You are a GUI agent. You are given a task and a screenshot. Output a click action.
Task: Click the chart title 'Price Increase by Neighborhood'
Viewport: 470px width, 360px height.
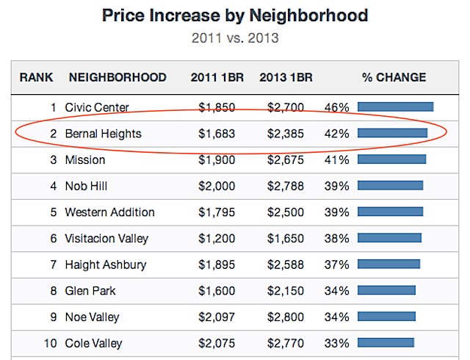(235, 15)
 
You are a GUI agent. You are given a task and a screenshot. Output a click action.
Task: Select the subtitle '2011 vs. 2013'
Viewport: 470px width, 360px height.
(235, 37)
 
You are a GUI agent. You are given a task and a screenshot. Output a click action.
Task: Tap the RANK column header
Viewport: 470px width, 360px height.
(37, 77)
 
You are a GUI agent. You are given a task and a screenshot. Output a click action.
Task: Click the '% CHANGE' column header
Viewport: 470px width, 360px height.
(394, 77)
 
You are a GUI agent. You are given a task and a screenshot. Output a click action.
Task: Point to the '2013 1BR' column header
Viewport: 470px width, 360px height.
(287, 77)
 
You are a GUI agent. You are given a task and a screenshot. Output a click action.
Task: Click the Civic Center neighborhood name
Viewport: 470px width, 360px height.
(97, 107)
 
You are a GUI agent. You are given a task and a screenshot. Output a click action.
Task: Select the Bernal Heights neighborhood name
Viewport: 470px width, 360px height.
(103, 134)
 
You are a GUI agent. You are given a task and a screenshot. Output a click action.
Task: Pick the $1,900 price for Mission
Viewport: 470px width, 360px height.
(217, 159)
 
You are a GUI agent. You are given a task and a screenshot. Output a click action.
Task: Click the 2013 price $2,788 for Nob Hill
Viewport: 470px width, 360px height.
(286, 186)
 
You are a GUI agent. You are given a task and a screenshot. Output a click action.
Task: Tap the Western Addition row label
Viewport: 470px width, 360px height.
(109, 212)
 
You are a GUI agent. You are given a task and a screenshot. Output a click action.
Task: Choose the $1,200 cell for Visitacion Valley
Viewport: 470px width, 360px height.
(217, 238)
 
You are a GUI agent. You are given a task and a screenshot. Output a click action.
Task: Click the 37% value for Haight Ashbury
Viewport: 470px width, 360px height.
(336, 264)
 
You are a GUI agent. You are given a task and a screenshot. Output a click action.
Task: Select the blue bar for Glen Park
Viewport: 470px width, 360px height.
(386, 290)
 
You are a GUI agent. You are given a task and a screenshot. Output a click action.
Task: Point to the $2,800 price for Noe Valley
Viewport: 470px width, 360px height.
(286, 317)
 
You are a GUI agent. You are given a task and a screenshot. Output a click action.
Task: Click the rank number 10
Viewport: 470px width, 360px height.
(48, 343)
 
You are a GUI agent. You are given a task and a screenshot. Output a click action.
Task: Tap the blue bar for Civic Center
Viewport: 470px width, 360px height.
(395, 107)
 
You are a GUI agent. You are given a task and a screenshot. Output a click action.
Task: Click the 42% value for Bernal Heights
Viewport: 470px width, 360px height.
(336, 134)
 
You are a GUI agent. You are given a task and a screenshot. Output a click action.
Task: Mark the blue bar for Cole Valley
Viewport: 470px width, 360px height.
(386, 343)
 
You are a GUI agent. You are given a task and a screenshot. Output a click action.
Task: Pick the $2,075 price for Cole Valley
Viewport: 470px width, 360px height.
(217, 343)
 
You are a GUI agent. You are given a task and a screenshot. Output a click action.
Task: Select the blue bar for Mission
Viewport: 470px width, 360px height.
(391, 159)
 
